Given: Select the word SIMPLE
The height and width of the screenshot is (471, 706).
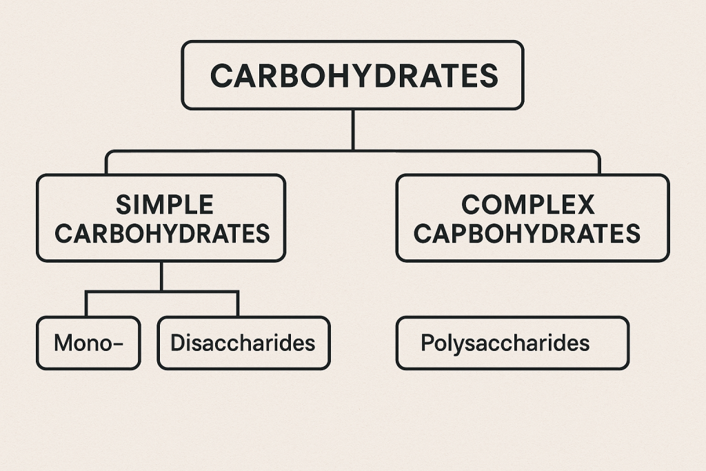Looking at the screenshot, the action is (x=165, y=205).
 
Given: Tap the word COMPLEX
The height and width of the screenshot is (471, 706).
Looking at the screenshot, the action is (x=528, y=205).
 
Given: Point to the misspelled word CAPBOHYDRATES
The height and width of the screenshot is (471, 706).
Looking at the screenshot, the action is (x=527, y=234).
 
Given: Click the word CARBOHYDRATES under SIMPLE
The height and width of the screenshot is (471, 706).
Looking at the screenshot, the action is (x=162, y=234).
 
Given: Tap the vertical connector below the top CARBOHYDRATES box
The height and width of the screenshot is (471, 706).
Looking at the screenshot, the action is (x=353, y=130).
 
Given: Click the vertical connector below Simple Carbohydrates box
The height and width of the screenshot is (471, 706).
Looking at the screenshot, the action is (x=161, y=277).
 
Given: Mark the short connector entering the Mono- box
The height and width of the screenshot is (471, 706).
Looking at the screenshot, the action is (x=86, y=304).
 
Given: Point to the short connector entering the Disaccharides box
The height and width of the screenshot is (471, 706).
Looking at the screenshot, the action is (x=238, y=304).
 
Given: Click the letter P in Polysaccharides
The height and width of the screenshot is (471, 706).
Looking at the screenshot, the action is (x=426, y=343).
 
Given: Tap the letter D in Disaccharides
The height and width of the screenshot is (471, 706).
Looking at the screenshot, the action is (x=176, y=343).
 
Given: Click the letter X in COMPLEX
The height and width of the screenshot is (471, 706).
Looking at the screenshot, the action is (x=585, y=205).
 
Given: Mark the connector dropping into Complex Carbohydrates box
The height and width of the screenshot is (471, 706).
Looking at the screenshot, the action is (x=599, y=163).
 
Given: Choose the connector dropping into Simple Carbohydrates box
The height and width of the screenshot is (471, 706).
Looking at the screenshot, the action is (x=107, y=163).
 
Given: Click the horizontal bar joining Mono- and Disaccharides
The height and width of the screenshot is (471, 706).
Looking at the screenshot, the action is (x=161, y=292).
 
